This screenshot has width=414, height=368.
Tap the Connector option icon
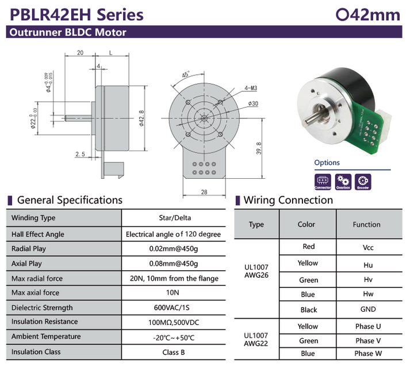coord(323,182)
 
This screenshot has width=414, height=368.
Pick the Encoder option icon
coord(363,182)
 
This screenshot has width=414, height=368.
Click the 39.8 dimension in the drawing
coord(260,148)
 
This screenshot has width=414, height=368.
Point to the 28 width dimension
coord(204,191)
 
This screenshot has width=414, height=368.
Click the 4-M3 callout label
coord(251,88)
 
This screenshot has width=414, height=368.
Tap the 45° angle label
coord(186,75)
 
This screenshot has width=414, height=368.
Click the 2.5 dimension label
coord(80,154)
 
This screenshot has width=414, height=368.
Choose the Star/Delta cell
coord(175,218)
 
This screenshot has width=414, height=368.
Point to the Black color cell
coord(308,310)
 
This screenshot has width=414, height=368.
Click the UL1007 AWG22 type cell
coord(256,340)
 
